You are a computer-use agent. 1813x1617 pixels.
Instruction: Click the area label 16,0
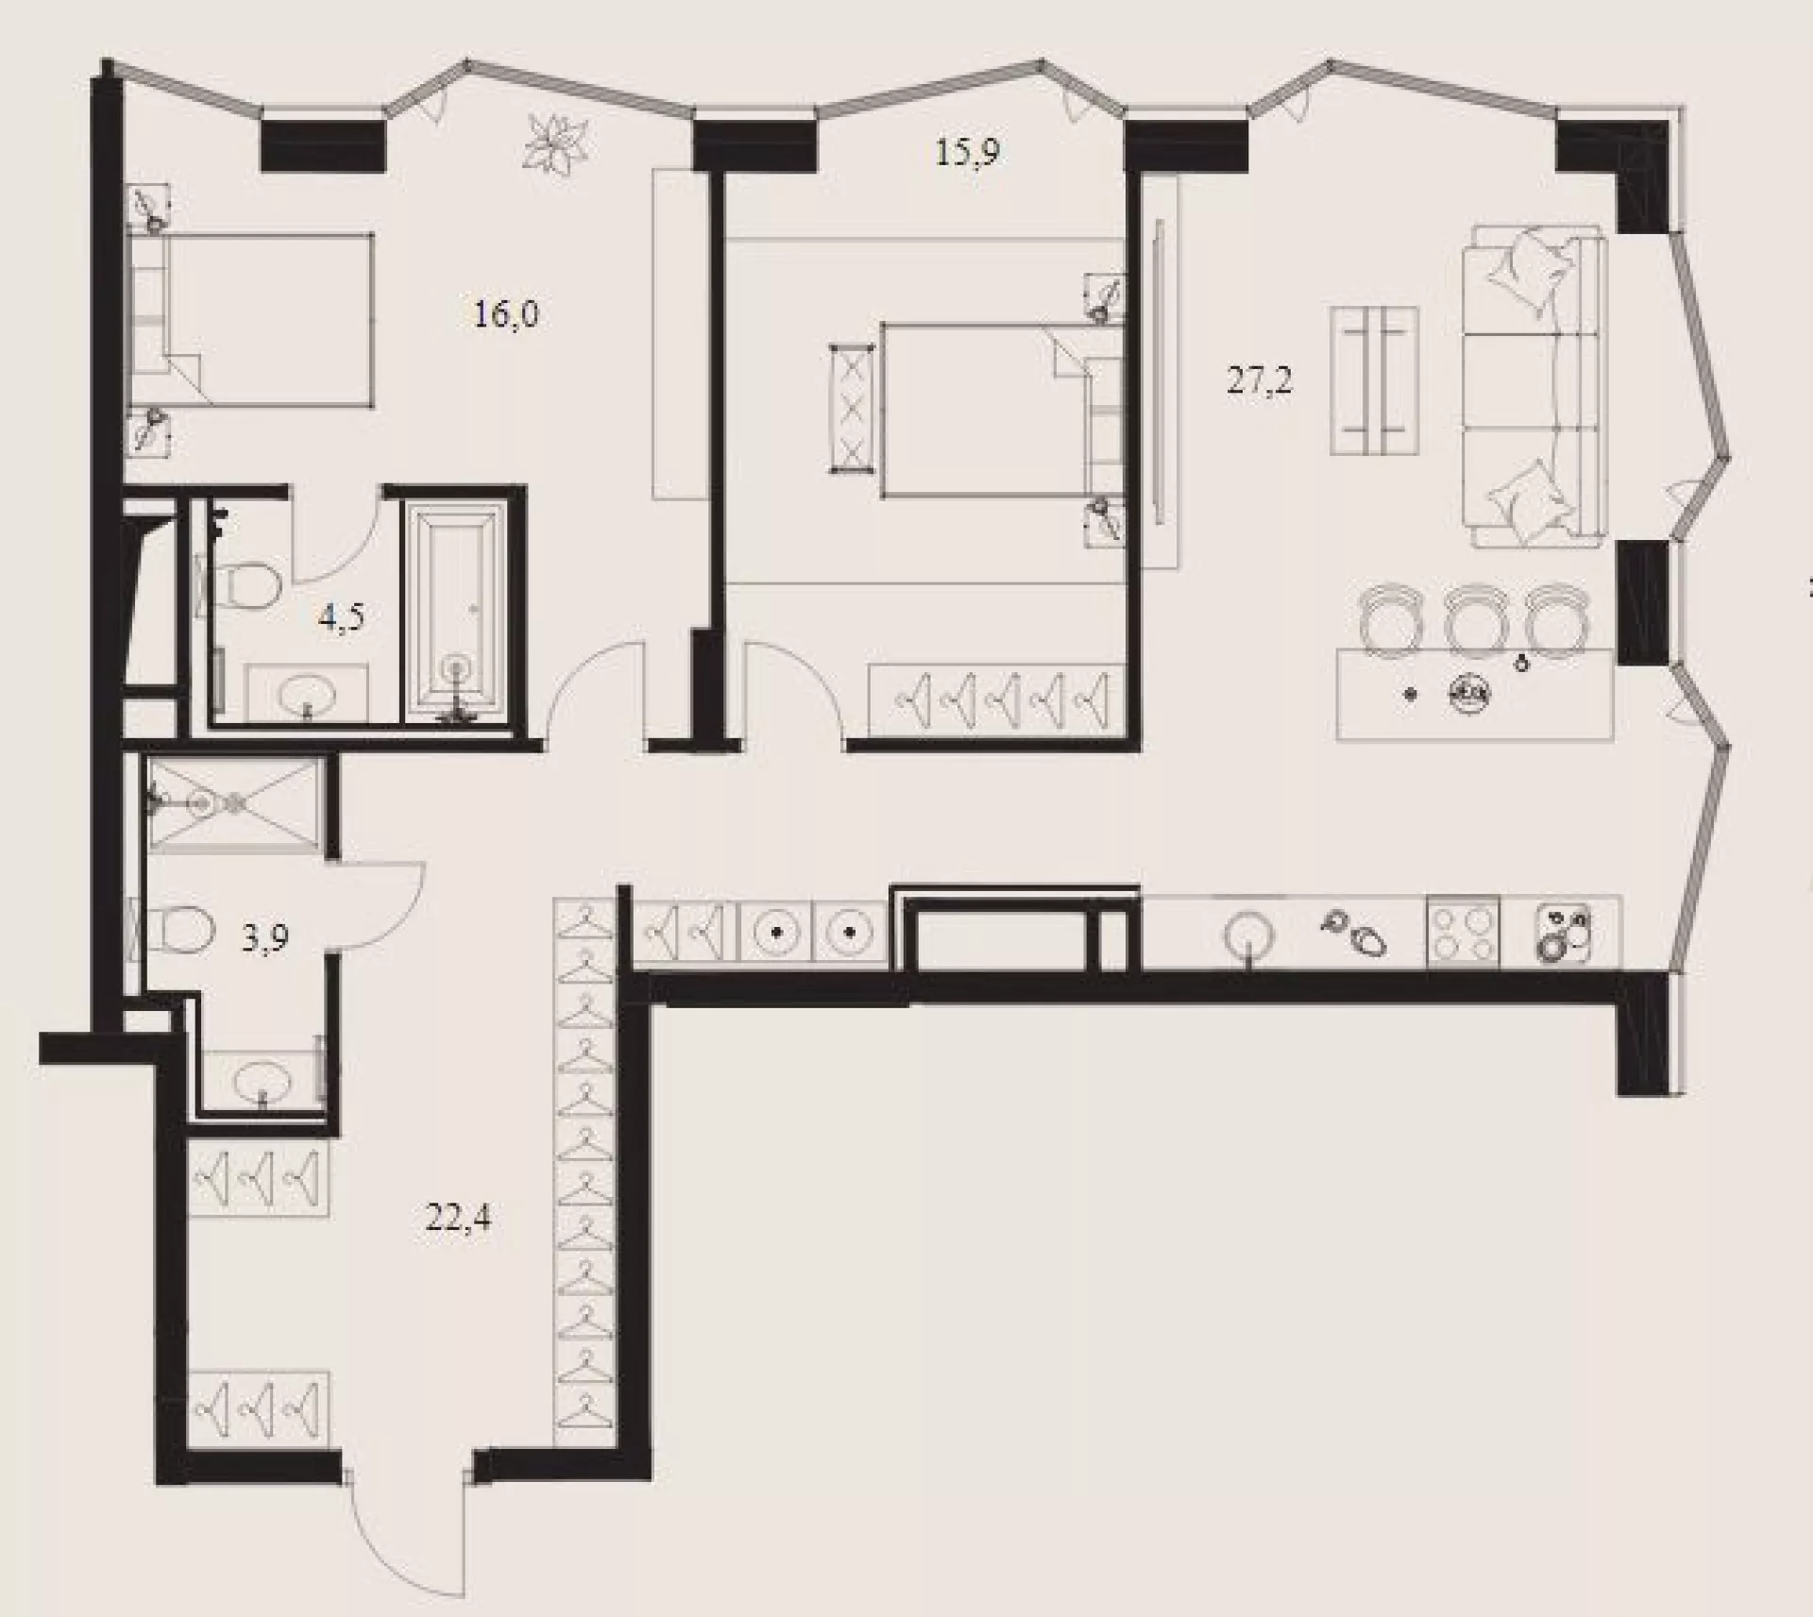click(506, 312)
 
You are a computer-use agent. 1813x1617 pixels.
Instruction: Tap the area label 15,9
click(968, 151)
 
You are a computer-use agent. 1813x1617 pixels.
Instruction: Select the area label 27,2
click(1260, 380)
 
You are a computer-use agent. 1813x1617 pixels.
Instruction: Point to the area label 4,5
click(342, 617)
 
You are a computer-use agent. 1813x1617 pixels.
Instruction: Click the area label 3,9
click(264, 937)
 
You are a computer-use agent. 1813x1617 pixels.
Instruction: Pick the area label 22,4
click(458, 1219)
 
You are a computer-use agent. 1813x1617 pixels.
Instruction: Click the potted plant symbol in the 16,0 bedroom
click(556, 143)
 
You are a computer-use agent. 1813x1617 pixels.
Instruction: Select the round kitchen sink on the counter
click(1248, 935)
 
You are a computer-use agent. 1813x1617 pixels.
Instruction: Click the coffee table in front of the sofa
click(1375, 380)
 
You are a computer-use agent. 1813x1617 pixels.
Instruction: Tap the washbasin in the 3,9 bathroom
click(263, 1078)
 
